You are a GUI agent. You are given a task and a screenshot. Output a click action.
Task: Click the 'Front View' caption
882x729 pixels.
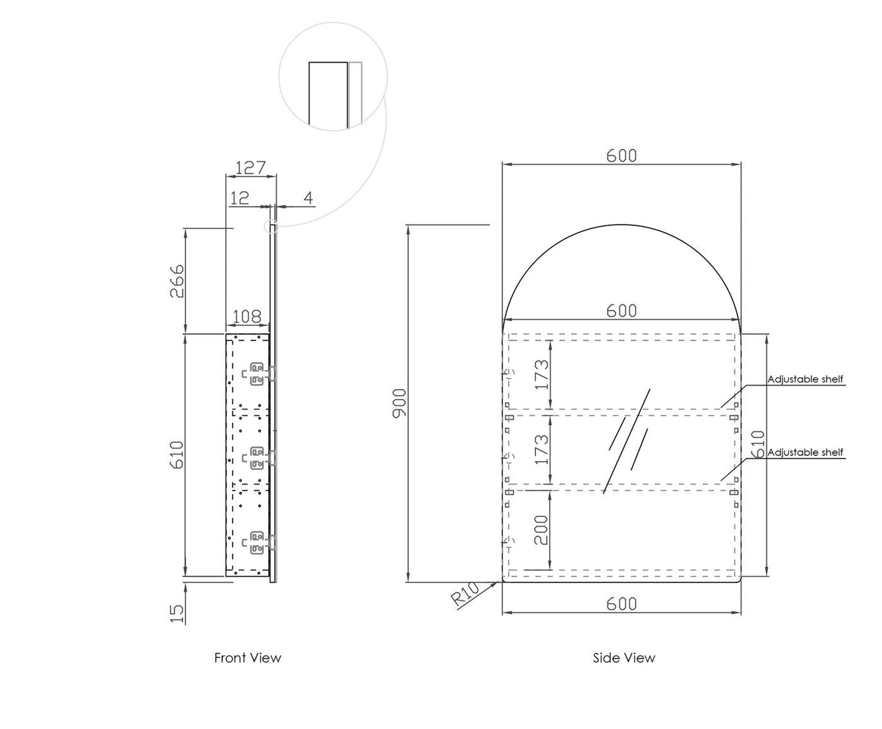(x=248, y=658)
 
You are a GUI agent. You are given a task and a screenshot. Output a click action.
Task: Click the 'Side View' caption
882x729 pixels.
(x=624, y=658)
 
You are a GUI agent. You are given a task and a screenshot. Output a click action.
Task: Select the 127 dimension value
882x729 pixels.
(x=251, y=168)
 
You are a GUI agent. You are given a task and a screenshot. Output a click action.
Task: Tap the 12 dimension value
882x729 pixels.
(x=240, y=198)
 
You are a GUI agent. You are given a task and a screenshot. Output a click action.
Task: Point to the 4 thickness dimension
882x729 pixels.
(x=309, y=198)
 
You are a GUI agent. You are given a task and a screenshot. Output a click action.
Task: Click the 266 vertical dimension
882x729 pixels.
(x=177, y=281)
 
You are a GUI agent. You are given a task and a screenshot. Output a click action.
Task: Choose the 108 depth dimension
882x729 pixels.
(x=247, y=316)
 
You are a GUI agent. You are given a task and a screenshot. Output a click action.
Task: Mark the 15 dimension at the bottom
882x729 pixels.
(x=177, y=614)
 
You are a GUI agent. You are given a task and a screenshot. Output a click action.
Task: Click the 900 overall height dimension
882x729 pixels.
(x=400, y=403)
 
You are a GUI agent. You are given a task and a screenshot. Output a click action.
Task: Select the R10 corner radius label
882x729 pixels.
(x=465, y=594)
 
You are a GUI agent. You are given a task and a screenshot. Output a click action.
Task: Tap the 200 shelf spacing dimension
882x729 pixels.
(x=541, y=530)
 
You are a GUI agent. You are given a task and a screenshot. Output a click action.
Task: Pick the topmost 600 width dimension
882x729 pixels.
(x=621, y=156)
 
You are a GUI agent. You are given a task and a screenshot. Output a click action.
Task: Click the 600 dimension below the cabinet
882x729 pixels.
(x=621, y=604)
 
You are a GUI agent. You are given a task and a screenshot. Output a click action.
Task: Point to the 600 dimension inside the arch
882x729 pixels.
(x=621, y=311)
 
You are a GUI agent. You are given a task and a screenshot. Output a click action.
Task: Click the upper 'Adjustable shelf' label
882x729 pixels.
(x=805, y=380)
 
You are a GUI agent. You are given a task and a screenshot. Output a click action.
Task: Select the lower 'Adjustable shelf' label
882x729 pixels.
(x=805, y=452)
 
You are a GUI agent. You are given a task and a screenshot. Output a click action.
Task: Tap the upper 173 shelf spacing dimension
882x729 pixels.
(x=542, y=374)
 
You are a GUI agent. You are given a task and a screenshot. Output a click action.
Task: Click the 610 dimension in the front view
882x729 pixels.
(x=177, y=454)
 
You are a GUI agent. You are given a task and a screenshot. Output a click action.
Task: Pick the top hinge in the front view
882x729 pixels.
(x=259, y=374)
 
